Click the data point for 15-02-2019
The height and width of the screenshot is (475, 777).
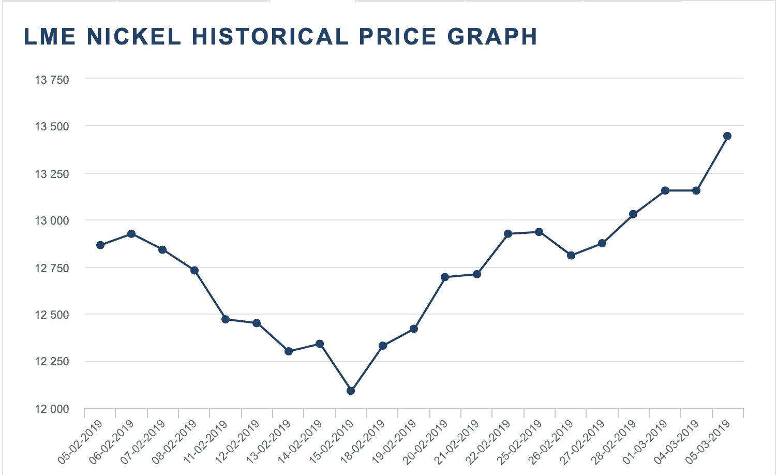click(351, 391)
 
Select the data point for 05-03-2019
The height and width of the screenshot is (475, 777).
click(727, 136)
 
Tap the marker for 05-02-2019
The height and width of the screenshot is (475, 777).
click(100, 245)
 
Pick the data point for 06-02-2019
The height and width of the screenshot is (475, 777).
click(131, 234)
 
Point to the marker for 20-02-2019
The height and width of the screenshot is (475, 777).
click(445, 277)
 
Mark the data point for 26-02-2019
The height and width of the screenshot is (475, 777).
click(571, 255)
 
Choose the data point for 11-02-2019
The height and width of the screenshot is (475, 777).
click(226, 319)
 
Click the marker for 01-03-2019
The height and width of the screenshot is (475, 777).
click(665, 190)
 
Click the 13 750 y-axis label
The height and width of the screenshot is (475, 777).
click(52, 80)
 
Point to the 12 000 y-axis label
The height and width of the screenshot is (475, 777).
click(52, 409)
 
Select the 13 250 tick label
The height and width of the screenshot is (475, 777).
click(52, 174)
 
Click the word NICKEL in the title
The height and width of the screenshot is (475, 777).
click(134, 37)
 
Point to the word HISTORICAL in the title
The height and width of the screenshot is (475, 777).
click(271, 37)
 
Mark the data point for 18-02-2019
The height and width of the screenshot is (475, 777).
click(383, 346)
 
